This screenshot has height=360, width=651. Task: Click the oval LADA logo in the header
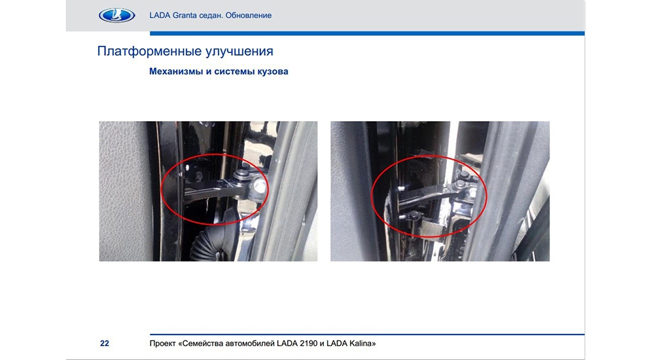[116, 15]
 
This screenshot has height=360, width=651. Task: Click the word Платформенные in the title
[144, 51]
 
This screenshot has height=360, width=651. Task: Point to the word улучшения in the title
[234, 52]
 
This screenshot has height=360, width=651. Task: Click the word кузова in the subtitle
[273, 71]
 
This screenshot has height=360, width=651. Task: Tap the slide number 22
[105, 344]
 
